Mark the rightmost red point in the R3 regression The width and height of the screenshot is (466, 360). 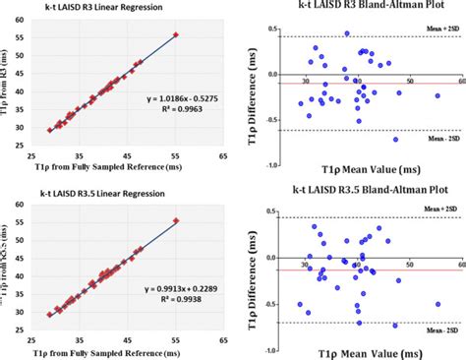tap(176, 34)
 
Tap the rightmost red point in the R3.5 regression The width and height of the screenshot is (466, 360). tap(176, 220)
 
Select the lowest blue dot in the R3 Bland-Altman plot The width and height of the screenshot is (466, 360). tap(396, 139)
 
